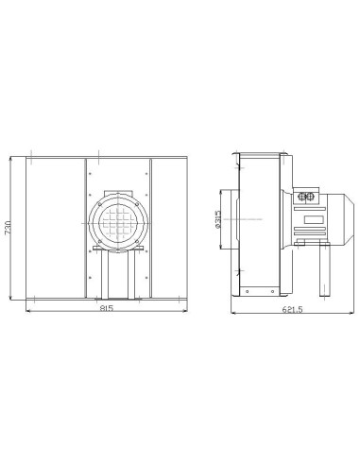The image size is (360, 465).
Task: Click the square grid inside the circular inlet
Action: pyautogui.click(x=118, y=225)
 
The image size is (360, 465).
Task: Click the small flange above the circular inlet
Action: pyautogui.click(x=118, y=189)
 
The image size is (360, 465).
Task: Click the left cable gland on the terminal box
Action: pyautogui.click(x=302, y=197)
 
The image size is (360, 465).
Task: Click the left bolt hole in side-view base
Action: pyautogui.click(x=246, y=290)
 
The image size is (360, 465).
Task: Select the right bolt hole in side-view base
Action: pyautogui.click(x=274, y=290)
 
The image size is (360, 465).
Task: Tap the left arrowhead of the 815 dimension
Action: pyautogui.click(x=26, y=310)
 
